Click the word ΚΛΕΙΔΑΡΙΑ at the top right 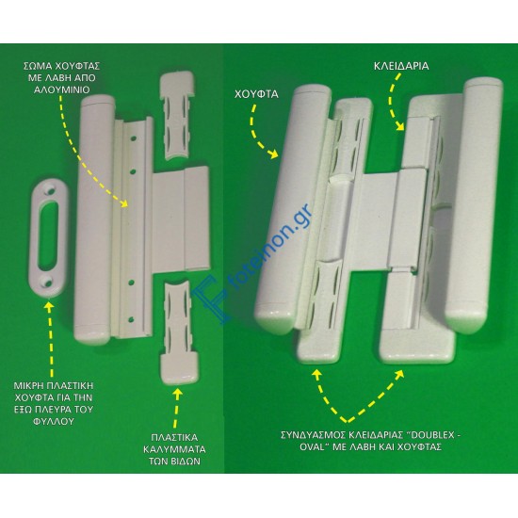pyautogui.click(x=401, y=66)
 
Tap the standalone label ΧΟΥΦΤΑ pyautogui.click(x=256, y=94)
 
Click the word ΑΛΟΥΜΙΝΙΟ pyautogui.click(x=62, y=89)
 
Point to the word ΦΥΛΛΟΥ pyautogui.click(x=53, y=422)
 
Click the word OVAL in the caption pyautogui.click(x=312, y=447)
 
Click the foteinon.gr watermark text pyautogui.click(x=270, y=248)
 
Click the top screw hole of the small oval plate pyautogui.click(x=51, y=191)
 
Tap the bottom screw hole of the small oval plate pyautogui.click(x=46, y=282)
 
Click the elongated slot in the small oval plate pyautogui.click(x=48, y=235)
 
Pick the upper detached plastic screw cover pyautogui.click(x=177, y=115)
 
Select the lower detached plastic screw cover pyautogui.click(x=179, y=332)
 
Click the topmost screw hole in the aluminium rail pyautogui.click(x=133, y=139)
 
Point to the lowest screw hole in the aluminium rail pyautogui.click(x=131, y=319)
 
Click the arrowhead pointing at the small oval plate pyautogui.click(x=49, y=306)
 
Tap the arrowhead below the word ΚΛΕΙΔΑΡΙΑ pyautogui.click(x=399, y=126)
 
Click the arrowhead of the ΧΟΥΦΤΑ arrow pyautogui.click(x=273, y=153)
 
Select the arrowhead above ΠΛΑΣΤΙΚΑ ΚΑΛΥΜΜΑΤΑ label pyautogui.click(x=177, y=394)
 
